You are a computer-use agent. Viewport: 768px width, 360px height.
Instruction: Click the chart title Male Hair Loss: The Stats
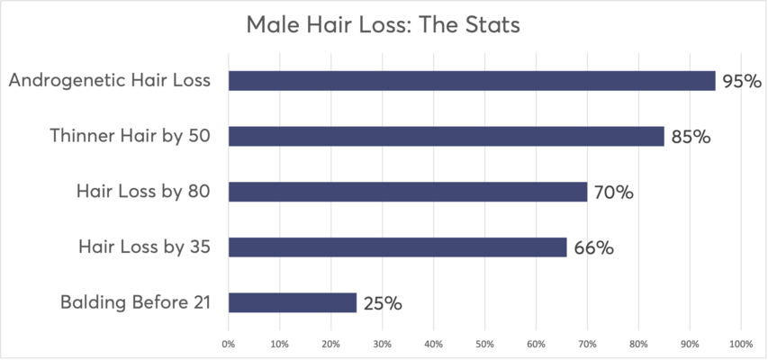point(384,25)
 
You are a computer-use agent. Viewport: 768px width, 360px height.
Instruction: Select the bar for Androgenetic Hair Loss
point(472,81)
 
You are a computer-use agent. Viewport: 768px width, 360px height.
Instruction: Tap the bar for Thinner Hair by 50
point(446,137)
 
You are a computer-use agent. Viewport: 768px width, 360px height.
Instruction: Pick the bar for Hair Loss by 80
point(407,192)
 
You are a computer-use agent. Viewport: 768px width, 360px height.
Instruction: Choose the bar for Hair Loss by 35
point(397,247)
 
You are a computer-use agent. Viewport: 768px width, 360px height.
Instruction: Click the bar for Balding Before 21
point(293,302)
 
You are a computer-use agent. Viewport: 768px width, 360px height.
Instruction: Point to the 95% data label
point(741,82)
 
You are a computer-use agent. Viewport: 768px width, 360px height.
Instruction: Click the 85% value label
point(690,138)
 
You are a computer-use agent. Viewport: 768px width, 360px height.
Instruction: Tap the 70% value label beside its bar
point(613,193)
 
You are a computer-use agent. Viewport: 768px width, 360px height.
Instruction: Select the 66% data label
point(592,247)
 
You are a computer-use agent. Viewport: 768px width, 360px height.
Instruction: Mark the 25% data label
point(382,303)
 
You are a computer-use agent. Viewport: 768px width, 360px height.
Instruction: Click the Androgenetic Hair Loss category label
point(110,81)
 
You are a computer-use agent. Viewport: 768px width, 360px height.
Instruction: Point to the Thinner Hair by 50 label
point(130,137)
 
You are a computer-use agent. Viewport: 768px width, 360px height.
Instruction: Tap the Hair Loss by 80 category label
point(144,192)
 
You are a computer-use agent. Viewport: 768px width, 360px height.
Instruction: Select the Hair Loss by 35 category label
point(144,247)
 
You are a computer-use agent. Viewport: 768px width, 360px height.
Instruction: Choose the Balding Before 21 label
point(135,302)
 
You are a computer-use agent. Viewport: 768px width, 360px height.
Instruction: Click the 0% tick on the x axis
point(229,344)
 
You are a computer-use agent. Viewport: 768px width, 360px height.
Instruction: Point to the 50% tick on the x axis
point(484,344)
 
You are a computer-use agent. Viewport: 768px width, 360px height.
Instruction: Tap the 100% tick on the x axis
point(740,344)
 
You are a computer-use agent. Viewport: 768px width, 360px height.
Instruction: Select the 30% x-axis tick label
point(382,344)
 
